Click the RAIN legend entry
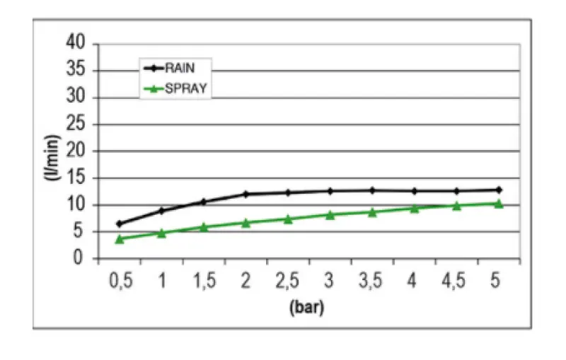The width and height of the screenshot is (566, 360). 180,69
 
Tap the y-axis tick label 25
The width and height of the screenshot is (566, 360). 80,124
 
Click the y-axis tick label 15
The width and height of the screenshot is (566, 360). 80,178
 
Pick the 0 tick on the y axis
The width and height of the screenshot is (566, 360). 84,259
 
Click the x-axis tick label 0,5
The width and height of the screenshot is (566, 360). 120,281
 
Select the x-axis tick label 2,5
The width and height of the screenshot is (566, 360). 287,281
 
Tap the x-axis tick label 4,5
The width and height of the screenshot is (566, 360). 454,281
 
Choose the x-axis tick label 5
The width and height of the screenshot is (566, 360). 495,281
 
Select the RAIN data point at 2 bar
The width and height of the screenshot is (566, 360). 246,194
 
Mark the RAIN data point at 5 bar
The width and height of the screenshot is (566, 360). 498,190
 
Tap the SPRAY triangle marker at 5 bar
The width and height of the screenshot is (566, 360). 498,204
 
